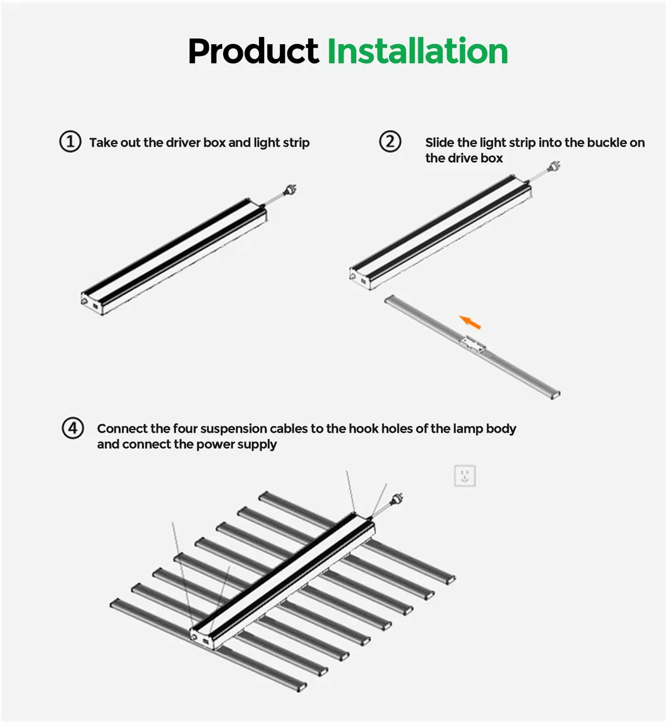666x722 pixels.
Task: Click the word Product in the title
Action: [x=253, y=52]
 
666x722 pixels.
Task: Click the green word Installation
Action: [x=417, y=52]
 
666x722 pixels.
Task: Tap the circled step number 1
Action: [x=70, y=142]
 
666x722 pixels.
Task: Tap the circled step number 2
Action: [x=390, y=142]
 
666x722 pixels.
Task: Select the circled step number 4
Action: [x=72, y=428]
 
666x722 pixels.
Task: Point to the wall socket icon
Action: [x=465, y=475]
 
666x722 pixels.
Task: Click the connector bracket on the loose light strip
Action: [x=472, y=344]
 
